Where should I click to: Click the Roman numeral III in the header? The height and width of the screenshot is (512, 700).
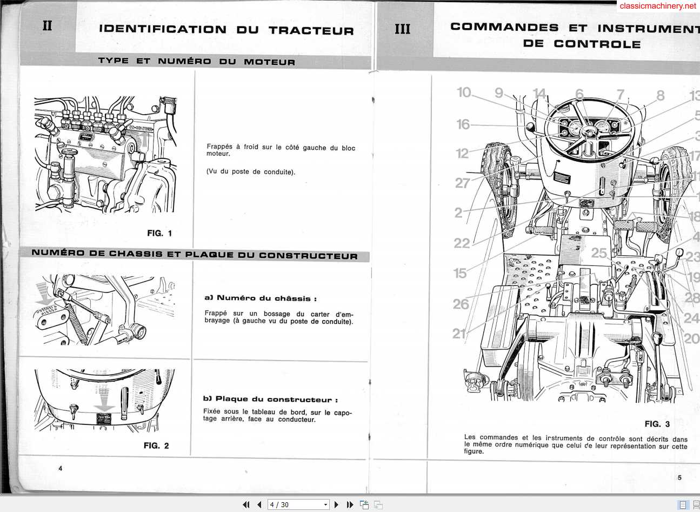(402, 29)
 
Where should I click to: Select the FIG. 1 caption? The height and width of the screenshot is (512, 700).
(159, 234)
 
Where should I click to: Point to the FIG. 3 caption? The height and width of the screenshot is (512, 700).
(657, 424)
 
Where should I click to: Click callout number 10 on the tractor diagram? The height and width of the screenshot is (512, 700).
(464, 92)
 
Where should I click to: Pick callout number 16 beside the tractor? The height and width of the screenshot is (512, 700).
(463, 124)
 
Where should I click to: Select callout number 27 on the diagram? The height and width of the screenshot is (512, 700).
(462, 183)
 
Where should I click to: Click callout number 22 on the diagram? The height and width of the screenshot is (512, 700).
(462, 243)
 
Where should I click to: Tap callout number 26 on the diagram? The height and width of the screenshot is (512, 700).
(461, 304)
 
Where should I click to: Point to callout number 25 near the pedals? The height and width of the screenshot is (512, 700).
(599, 253)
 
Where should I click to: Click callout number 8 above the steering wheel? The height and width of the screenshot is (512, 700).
(660, 96)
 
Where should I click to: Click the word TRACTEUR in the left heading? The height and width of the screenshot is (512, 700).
(311, 30)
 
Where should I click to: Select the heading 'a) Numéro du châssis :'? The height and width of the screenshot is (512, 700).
(260, 298)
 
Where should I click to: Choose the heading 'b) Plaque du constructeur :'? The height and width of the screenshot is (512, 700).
(270, 400)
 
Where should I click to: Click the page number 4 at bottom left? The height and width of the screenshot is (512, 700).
(61, 468)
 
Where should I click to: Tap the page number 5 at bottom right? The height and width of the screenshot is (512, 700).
(679, 477)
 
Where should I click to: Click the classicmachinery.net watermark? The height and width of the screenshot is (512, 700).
(658, 6)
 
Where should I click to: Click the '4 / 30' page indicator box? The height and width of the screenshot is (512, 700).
(298, 504)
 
